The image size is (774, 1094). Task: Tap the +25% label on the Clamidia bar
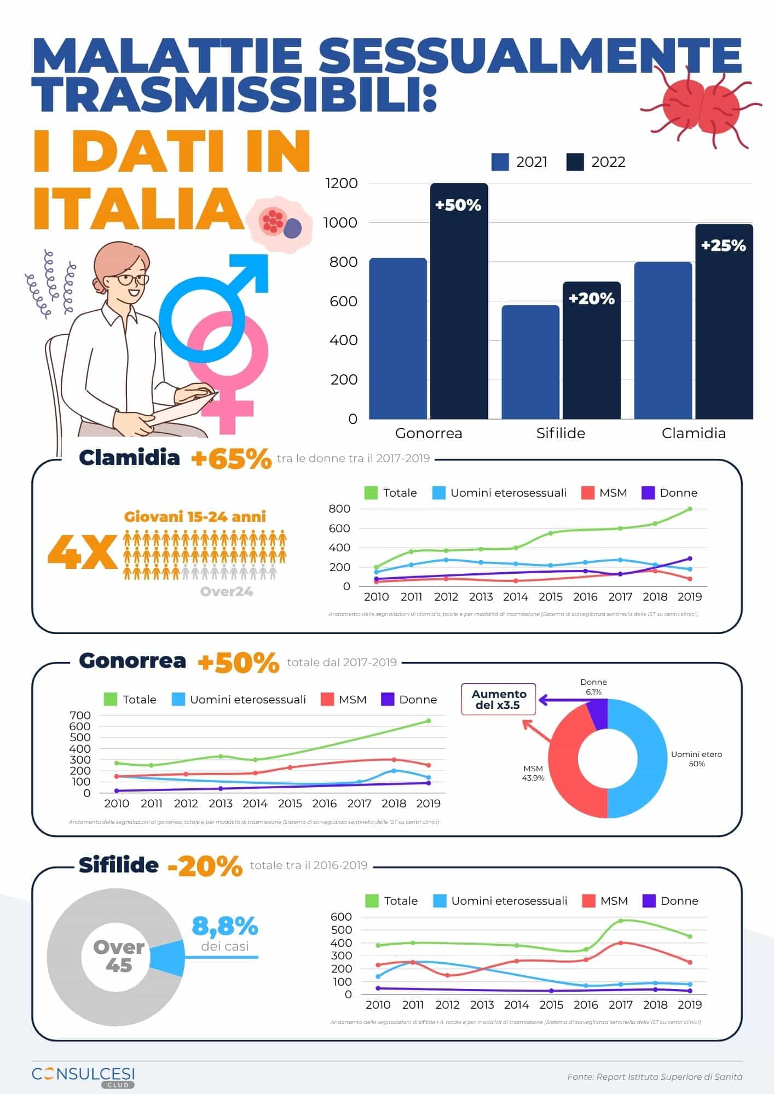(723, 246)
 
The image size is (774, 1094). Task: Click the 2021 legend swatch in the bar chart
(500, 162)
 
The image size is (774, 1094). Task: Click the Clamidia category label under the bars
(694, 433)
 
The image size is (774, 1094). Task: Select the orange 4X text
(83, 551)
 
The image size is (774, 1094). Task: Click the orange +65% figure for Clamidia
(231, 459)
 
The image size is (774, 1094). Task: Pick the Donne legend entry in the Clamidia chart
(670, 493)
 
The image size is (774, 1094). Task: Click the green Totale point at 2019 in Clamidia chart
(690, 509)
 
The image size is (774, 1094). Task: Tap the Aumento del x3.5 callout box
(499, 699)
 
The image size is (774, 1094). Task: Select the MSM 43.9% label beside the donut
(533, 773)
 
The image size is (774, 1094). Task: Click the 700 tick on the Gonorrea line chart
(80, 715)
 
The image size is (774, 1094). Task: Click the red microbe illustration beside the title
(701, 107)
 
